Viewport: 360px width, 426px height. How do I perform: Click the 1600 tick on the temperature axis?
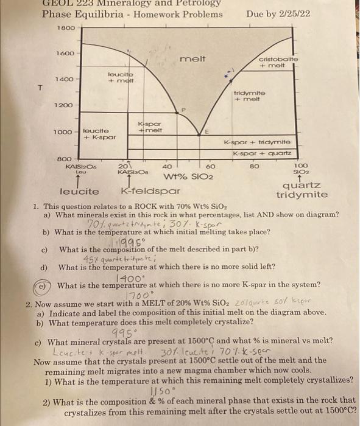click(x=66, y=54)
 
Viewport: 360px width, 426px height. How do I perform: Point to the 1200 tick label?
click(x=65, y=105)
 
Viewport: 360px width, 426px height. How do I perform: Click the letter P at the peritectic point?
click(x=182, y=111)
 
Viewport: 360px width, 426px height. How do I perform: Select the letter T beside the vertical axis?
click(x=40, y=88)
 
